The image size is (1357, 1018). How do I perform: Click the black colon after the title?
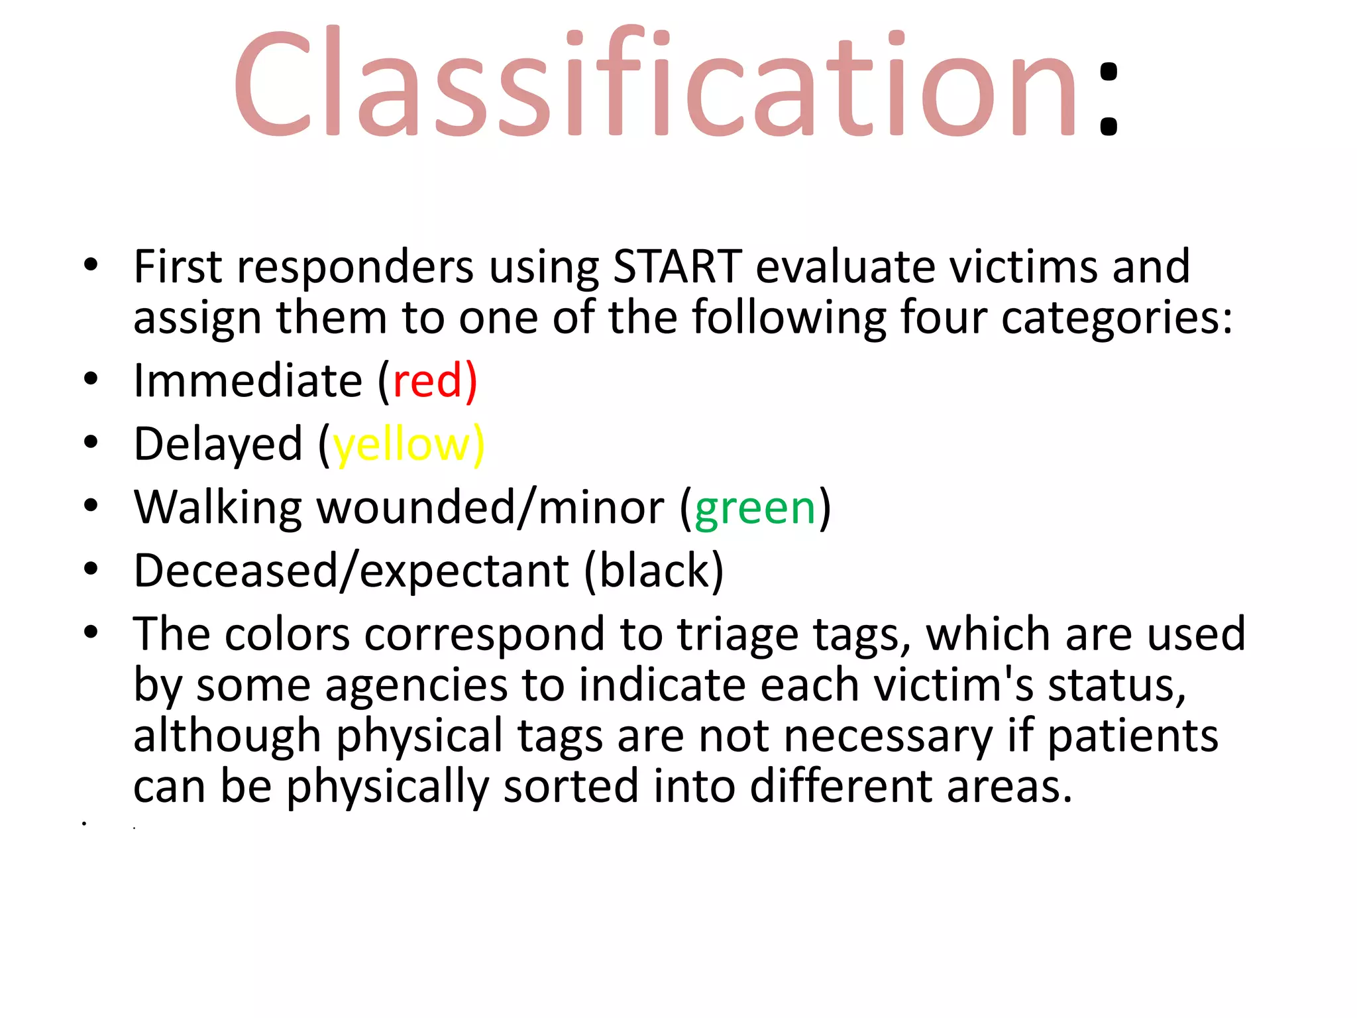pos(1108,99)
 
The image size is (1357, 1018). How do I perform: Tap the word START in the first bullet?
pos(677,267)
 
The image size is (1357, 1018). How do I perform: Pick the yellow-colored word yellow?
pos(402,445)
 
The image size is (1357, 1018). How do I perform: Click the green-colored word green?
pos(755,508)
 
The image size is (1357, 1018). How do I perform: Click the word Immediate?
pos(248,381)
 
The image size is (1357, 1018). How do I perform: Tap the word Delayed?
pos(218,445)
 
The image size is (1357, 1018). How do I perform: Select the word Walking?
pos(218,508)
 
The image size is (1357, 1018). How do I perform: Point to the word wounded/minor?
pos(490,508)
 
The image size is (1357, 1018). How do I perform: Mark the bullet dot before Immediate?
pos(91,379)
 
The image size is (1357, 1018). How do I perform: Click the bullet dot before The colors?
pos(91,632)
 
